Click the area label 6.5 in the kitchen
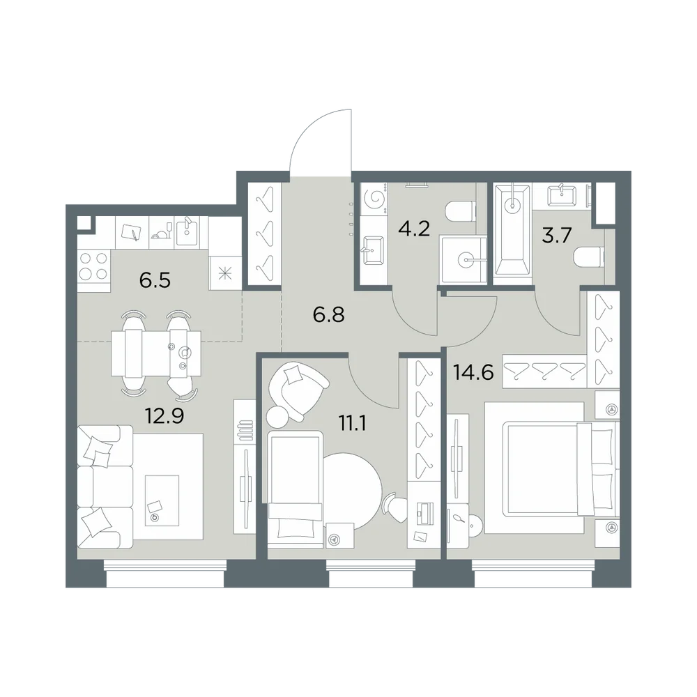pyautogui.click(x=155, y=281)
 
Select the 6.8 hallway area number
pyautogui.click(x=328, y=315)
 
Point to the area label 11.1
pyautogui.click(x=352, y=424)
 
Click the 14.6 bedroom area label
pyautogui.click(x=473, y=372)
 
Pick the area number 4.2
pyautogui.click(x=414, y=229)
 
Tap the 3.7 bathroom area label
pyautogui.click(x=556, y=235)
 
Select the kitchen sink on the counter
pyautogui.click(x=187, y=231)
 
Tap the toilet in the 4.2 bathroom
pyautogui.click(x=460, y=211)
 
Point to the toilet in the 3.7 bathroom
pyautogui.click(x=590, y=257)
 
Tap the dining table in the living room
pyautogui.click(x=155, y=353)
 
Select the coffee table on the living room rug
pyautogui.click(x=162, y=500)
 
